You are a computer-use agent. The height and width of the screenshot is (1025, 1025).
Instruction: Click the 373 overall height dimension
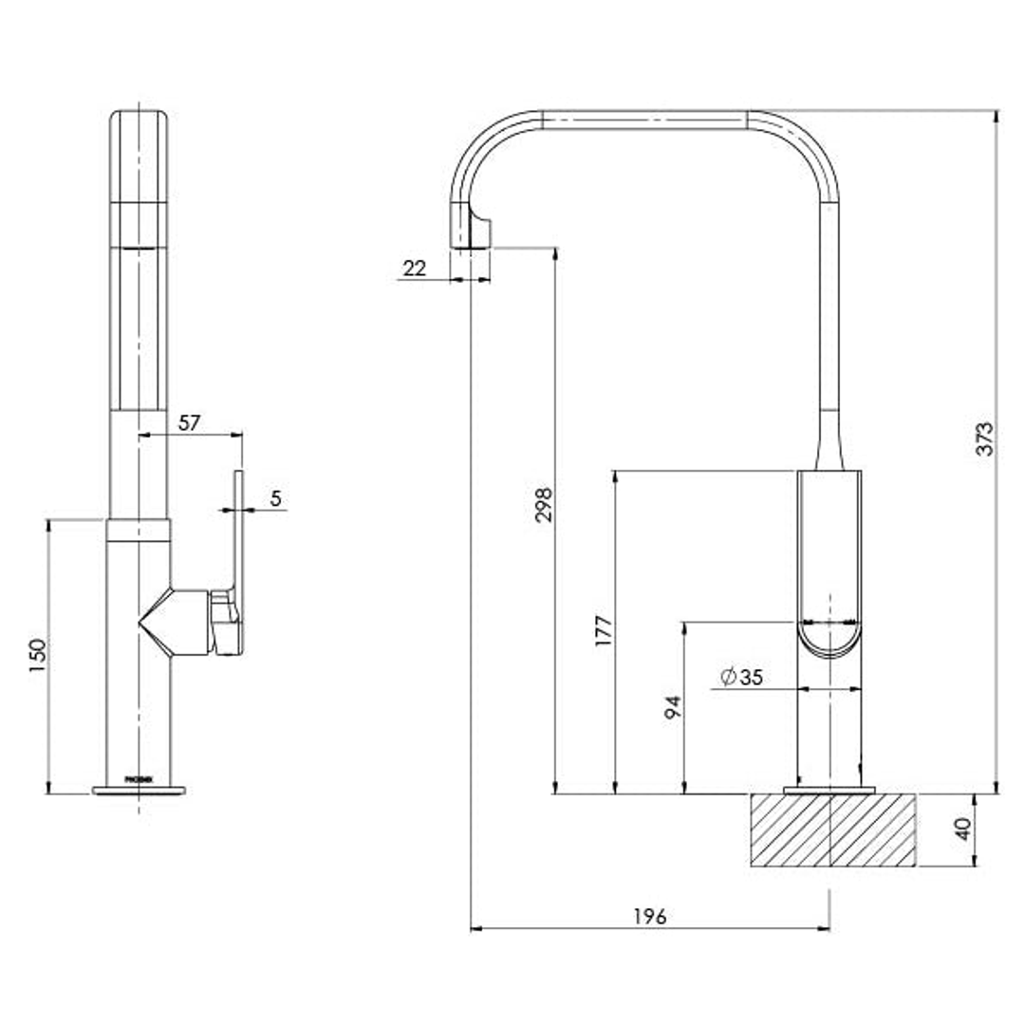coord(985,438)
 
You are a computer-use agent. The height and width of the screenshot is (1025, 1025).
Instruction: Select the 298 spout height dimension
coord(542,506)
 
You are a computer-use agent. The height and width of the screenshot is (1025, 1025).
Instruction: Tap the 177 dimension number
coord(604,630)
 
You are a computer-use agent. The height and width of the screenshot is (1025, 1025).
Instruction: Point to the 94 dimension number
coord(673,707)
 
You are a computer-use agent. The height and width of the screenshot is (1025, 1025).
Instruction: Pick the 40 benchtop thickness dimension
coord(962,829)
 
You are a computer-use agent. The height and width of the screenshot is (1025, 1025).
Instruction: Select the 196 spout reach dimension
coord(650,916)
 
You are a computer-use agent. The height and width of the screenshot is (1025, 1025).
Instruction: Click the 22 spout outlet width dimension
coord(415,269)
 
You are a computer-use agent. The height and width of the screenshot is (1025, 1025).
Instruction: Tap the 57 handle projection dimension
coord(190,422)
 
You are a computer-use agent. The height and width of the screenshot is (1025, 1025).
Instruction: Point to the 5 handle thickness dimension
coord(275,498)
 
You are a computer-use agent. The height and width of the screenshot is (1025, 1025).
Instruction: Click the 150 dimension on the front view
coord(37,655)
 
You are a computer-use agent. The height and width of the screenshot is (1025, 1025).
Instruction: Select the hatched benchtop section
coord(832,830)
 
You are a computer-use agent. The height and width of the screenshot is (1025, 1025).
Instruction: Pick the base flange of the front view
coord(139,790)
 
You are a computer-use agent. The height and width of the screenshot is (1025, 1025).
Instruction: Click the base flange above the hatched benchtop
coord(829,790)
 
